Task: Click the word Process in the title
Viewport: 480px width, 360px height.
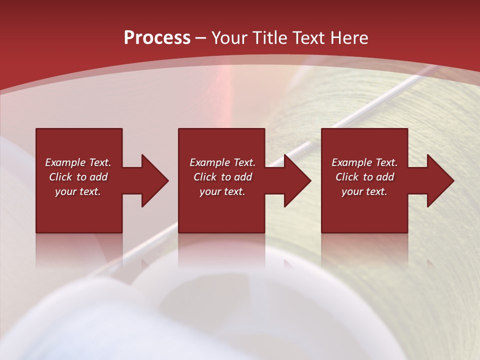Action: click(x=157, y=38)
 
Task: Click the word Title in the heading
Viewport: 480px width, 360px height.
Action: click(x=268, y=38)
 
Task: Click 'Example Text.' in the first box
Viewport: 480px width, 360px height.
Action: click(x=78, y=162)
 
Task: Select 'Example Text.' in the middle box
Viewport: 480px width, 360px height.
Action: click(x=222, y=162)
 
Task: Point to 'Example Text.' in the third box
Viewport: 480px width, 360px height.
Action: click(x=364, y=162)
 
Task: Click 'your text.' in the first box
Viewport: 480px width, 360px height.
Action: click(x=78, y=191)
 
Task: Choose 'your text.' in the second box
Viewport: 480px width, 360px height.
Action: click(x=222, y=191)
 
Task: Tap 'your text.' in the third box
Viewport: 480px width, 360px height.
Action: click(x=364, y=191)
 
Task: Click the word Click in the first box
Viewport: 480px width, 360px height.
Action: click(x=60, y=177)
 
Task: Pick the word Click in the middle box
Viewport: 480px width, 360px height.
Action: click(x=205, y=177)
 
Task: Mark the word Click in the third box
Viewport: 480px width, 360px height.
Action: click(x=347, y=177)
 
